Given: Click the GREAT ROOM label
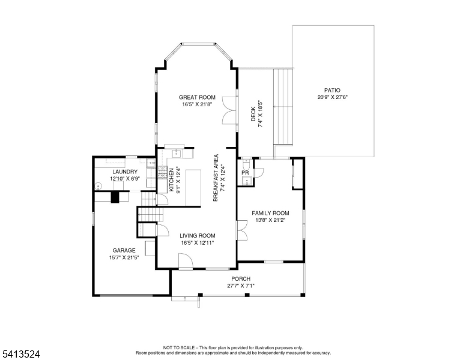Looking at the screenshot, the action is point(197,97).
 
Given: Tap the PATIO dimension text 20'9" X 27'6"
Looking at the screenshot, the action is point(332,97).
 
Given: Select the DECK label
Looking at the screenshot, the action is point(253,114).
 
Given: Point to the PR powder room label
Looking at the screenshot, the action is point(245,173).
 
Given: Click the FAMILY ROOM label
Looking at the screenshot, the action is point(270,213).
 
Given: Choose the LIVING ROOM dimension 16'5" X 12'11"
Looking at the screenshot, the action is point(198,242).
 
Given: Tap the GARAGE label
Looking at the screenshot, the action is point(124,250).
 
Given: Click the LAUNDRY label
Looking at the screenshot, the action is point(125,172).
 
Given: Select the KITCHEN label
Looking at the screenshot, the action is point(172,180).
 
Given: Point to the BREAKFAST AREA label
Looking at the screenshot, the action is point(216,178).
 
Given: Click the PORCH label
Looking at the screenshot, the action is point(241,279).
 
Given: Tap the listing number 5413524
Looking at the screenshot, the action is point(21,354).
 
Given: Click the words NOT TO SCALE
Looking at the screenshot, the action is point(178,347).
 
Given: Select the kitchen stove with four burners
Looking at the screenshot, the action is point(162,173).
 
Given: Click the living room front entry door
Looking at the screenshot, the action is point(186,261).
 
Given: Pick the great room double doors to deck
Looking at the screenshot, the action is point(230,110).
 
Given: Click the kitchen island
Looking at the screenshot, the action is point(193,188).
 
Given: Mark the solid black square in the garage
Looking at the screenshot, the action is point(115,197).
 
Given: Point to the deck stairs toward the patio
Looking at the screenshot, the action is point(283,107).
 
